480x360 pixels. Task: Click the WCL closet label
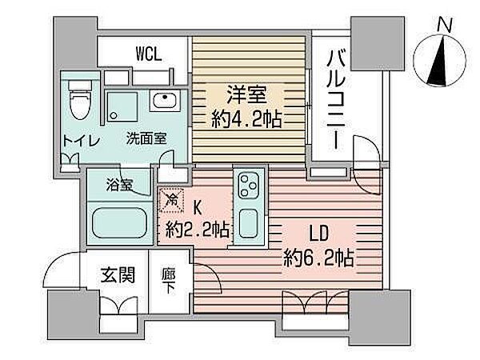tap(149, 54)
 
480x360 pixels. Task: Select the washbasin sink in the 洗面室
tap(165, 101)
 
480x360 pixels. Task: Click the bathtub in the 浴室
tap(120, 223)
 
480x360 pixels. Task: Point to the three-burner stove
tap(249, 185)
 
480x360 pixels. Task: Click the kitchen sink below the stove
tap(248, 223)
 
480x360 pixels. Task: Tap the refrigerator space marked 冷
tap(171, 200)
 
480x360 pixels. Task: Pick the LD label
tap(318, 234)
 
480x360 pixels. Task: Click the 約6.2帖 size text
tap(318, 258)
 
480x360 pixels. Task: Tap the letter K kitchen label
tap(197, 209)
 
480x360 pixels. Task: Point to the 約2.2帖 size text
tap(198, 230)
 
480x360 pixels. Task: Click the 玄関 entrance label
tap(118, 275)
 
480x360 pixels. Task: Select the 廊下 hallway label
tap(169, 281)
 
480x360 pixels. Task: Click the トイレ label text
tap(82, 141)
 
